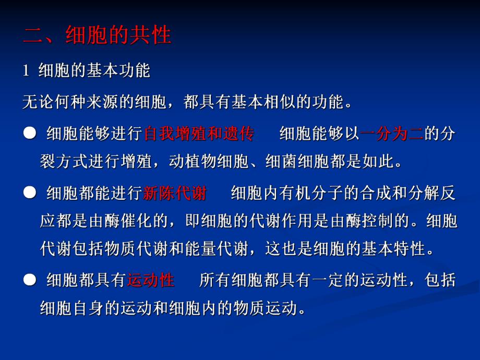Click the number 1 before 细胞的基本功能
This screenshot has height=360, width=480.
[x=26, y=71]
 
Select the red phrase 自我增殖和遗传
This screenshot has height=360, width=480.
[x=199, y=134]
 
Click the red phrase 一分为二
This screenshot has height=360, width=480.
[x=392, y=134]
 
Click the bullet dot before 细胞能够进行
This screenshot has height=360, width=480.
[x=29, y=134]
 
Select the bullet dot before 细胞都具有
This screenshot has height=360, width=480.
[x=29, y=280]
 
